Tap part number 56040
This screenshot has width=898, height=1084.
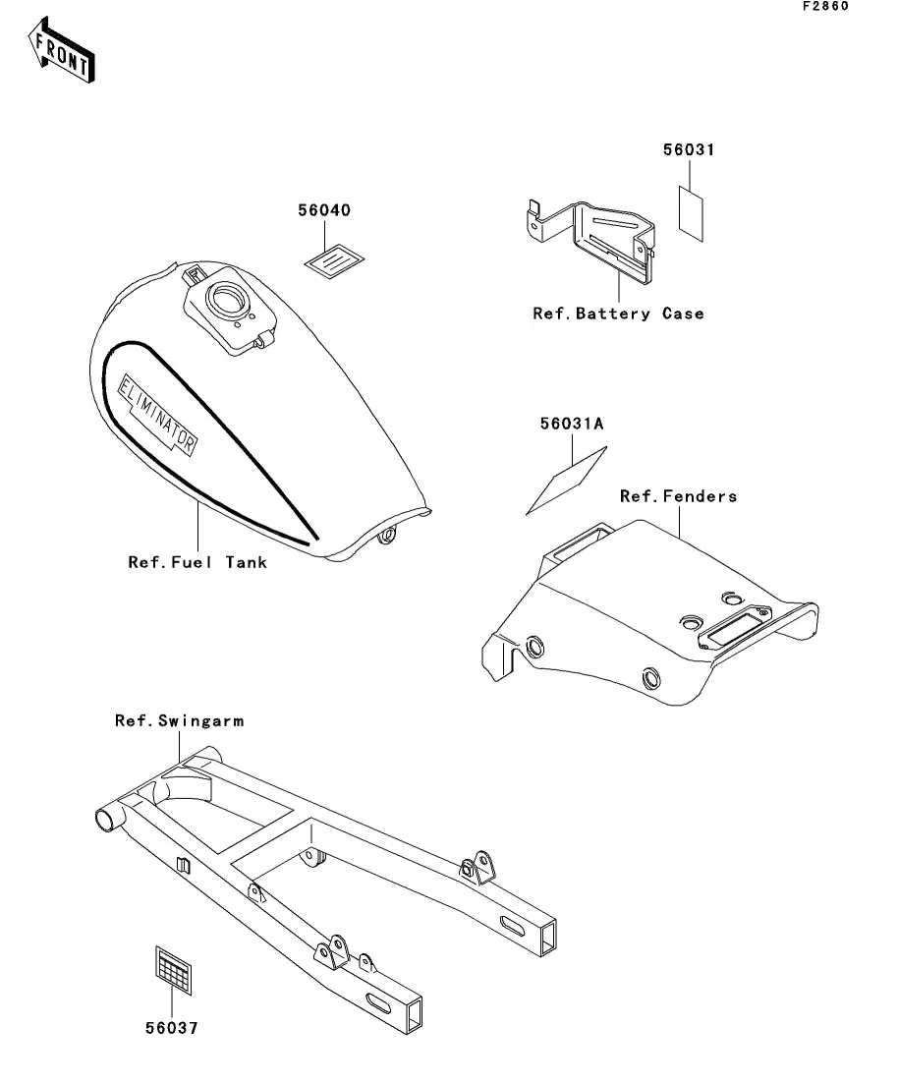point(324,211)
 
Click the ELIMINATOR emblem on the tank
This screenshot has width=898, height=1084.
point(158,411)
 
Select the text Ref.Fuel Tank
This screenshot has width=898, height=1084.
point(197,563)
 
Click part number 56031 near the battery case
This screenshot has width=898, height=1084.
point(688,150)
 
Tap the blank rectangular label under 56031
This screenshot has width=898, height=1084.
point(692,210)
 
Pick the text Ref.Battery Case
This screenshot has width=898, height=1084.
point(618,314)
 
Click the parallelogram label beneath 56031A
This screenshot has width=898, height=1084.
point(567,481)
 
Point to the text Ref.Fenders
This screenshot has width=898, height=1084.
point(678,496)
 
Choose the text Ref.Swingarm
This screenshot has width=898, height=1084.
point(179,721)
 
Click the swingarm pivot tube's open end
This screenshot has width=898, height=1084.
point(104,819)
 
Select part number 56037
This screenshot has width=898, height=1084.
point(172,1029)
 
